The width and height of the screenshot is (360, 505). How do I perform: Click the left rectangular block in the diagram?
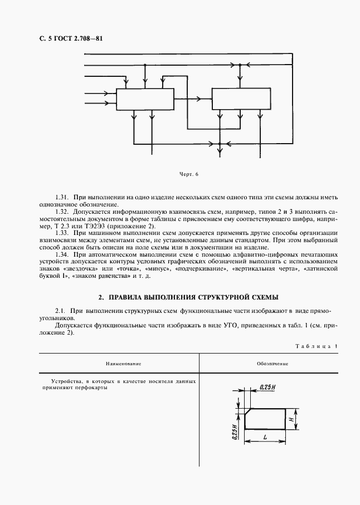(145, 99)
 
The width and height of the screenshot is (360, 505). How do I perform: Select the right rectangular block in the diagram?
(242, 99)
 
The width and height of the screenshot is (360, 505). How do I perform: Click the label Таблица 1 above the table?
(316, 346)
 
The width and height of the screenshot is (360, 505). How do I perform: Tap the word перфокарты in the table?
(90, 389)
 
